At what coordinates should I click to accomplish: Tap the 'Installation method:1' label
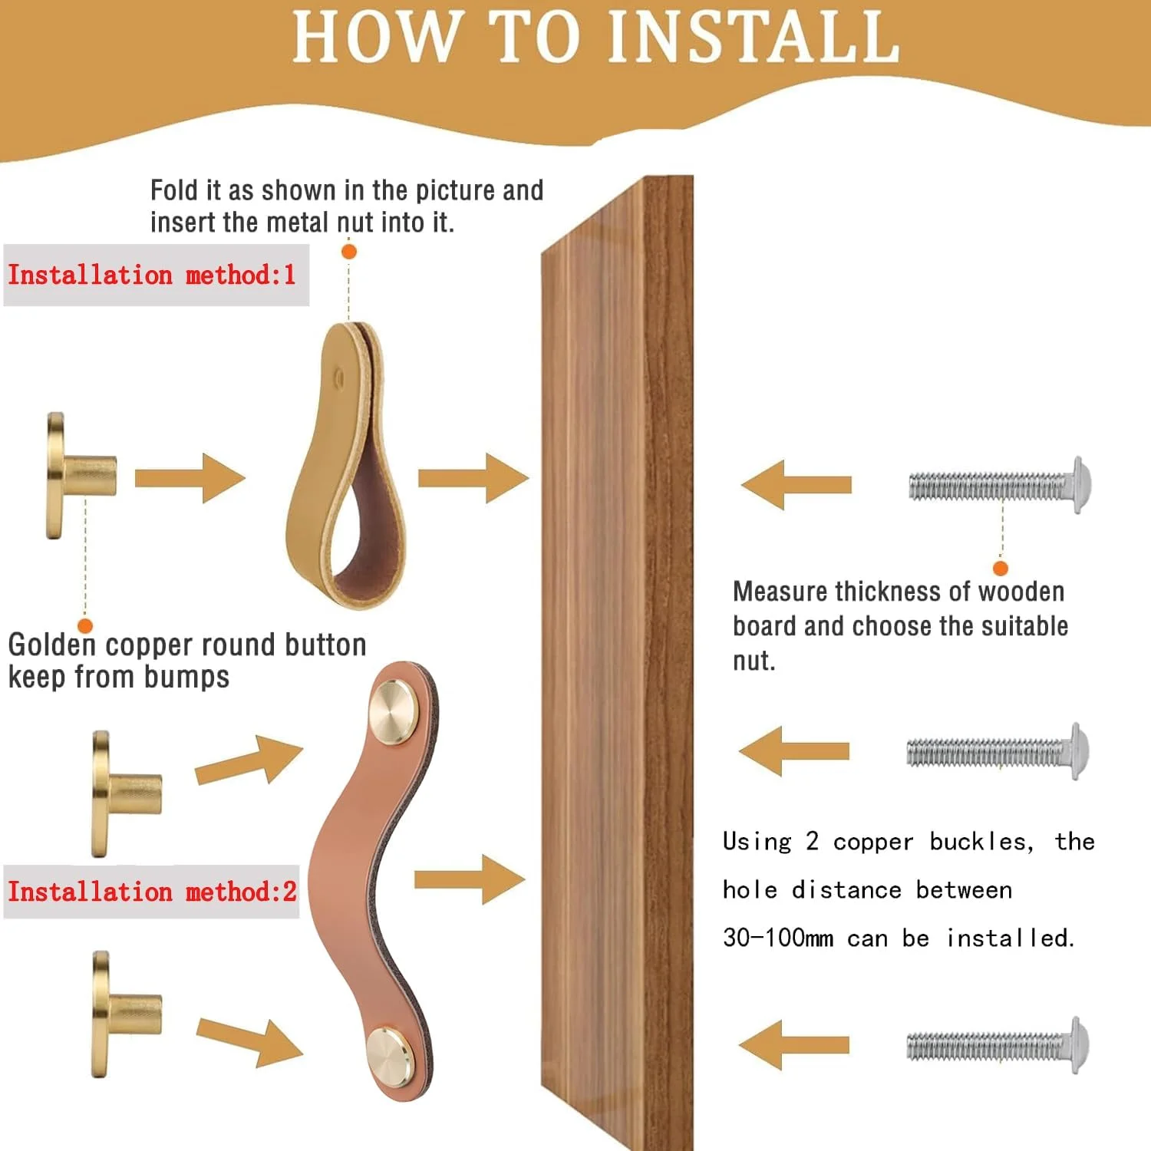click(x=152, y=275)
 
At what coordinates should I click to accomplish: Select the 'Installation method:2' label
click(x=152, y=892)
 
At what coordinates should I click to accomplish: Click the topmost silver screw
click(x=999, y=485)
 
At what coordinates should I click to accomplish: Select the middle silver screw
click(x=998, y=751)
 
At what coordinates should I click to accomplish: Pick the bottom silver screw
click(x=998, y=1045)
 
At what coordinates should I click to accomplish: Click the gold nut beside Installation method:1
click(x=81, y=476)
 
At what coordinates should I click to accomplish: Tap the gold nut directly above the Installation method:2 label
click(x=127, y=793)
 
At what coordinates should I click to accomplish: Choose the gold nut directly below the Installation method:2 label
click(x=127, y=1014)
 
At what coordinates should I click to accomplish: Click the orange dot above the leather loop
click(x=349, y=251)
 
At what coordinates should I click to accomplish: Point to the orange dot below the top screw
click(x=1001, y=568)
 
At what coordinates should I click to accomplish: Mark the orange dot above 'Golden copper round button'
click(x=85, y=626)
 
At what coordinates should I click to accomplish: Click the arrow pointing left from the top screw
click(x=796, y=485)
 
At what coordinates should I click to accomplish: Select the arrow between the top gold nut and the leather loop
click(x=190, y=478)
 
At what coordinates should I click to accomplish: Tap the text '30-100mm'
click(x=778, y=938)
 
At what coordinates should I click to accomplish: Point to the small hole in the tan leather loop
click(x=338, y=376)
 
